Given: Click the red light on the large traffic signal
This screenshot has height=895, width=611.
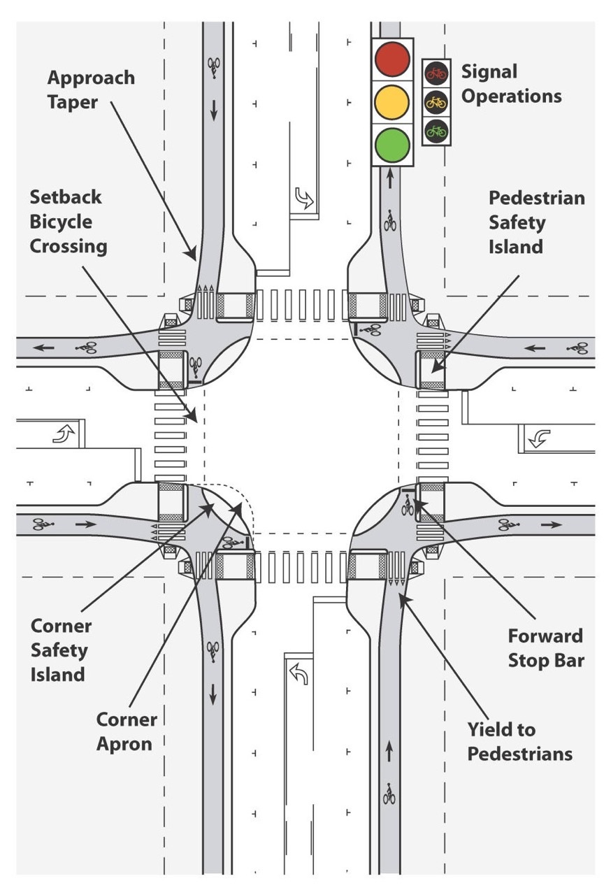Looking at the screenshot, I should click(392, 59).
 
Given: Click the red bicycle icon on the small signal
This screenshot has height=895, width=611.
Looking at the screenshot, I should click(436, 72).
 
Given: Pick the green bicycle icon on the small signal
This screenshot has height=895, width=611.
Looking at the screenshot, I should click(436, 130).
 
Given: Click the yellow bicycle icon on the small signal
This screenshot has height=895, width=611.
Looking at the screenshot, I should click(436, 101).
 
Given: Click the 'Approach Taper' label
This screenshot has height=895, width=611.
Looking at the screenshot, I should click(91, 89).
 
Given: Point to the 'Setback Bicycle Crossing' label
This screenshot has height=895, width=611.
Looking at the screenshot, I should click(68, 222).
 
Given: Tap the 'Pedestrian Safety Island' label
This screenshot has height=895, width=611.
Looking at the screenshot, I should click(536, 222).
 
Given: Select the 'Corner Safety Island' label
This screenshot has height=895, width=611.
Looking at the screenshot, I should click(61, 650).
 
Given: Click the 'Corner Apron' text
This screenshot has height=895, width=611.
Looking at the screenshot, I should click(127, 731).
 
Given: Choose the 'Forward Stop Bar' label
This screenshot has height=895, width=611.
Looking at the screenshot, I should click(545, 647).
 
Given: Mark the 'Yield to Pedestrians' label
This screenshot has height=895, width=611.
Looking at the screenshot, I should click(519, 742).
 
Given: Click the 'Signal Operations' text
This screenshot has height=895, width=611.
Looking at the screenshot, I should click(511, 84).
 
